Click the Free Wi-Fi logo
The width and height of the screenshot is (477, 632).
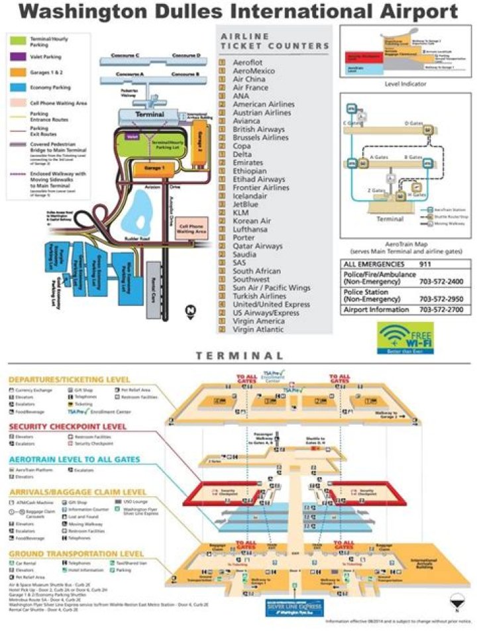click(405, 336)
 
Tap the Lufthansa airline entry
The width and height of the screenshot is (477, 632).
click(250, 229)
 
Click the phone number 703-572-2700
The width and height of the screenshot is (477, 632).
click(441, 309)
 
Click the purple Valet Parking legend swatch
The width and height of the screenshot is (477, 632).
click(17, 57)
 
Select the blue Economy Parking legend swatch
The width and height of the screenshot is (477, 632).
click(17, 86)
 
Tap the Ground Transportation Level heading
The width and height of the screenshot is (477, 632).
click(76, 554)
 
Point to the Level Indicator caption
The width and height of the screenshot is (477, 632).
click(406, 84)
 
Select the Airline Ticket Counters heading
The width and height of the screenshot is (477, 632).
click(274, 41)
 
